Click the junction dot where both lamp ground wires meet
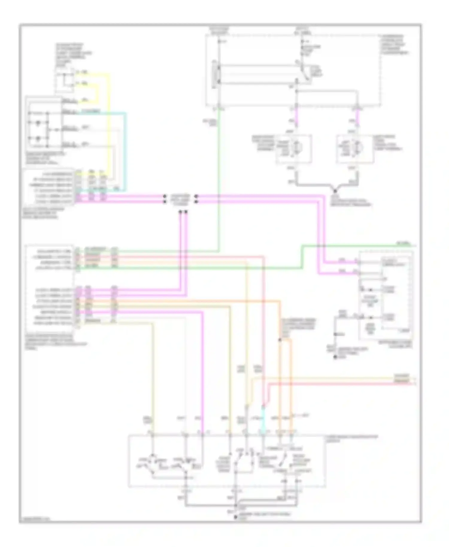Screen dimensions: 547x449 click(335, 191)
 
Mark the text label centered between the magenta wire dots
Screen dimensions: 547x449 click(180, 199)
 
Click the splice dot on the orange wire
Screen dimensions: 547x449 click(280, 340)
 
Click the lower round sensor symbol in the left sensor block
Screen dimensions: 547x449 click(38, 139)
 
